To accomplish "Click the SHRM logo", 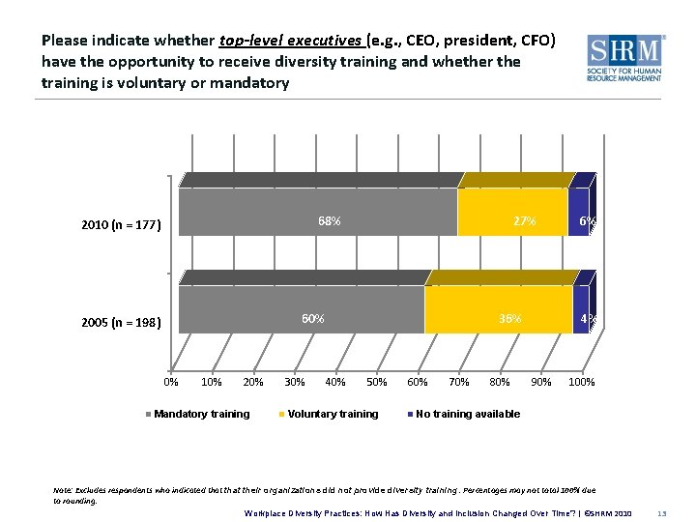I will coord(625,59).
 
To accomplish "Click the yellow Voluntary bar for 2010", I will coord(511,213).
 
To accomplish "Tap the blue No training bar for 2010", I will coord(578,213).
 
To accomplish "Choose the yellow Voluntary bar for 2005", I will coord(498,310).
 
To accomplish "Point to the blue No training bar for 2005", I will coord(580,310).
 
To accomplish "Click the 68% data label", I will coord(329,221).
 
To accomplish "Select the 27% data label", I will coord(524,221).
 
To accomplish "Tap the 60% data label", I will coord(312,319).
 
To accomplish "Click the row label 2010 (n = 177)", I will coord(121,226).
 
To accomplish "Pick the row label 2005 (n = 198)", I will coord(121,323).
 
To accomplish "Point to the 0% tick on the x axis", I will coord(170,382).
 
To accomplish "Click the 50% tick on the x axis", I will coord(376,382).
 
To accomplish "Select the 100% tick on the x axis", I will coord(581,382).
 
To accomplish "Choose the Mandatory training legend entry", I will coord(199,414).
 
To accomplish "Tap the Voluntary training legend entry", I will coord(331,414).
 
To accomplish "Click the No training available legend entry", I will coord(467,414).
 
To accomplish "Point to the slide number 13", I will coord(662,512).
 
